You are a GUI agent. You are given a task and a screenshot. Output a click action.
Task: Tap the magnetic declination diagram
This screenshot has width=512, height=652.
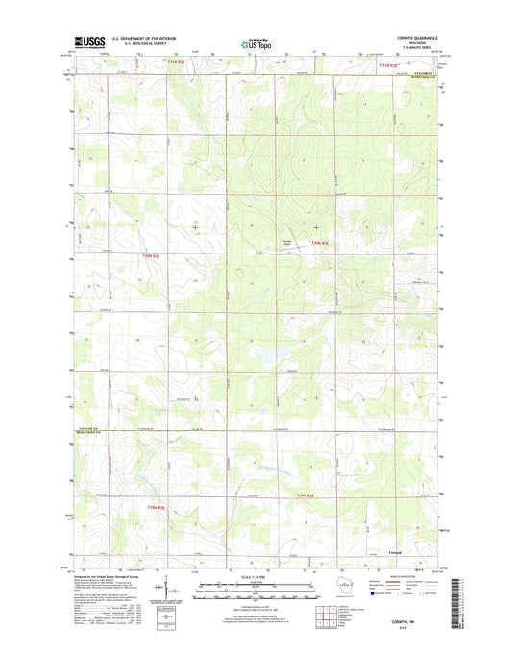pos(171,589)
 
